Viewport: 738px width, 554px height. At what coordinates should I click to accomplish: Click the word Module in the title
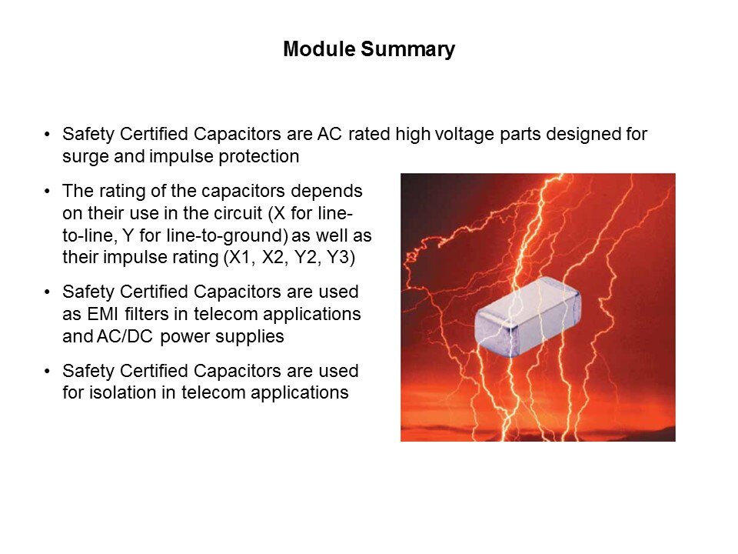click(319, 48)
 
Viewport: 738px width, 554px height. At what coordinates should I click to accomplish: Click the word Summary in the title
click(408, 50)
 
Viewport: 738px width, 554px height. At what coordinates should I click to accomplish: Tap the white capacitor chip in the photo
click(527, 316)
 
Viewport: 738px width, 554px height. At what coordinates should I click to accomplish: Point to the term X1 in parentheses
click(238, 257)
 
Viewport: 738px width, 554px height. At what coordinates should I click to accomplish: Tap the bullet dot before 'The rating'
click(47, 192)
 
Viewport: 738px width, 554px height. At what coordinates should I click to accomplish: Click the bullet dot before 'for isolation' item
click(47, 371)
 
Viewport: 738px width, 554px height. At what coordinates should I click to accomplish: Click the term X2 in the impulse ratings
click(273, 257)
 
